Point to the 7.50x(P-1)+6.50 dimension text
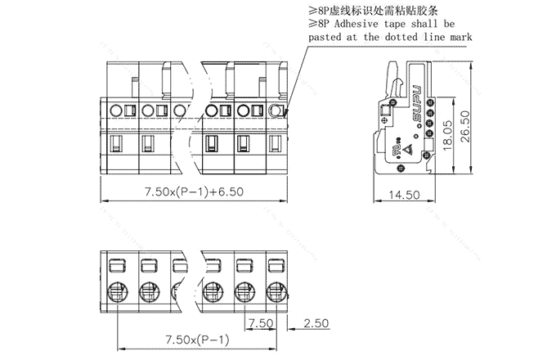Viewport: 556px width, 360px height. point(194,191)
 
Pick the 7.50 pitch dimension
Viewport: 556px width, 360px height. point(261,322)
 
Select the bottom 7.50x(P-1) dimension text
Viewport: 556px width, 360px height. point(196,340)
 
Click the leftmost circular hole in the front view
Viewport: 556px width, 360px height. point(116,110)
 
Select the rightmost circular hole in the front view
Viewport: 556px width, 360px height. point(276,110)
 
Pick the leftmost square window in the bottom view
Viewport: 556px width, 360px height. point(116,265)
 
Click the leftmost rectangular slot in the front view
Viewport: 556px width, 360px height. point(116,145)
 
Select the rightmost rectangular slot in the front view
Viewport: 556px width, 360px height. point(276,145)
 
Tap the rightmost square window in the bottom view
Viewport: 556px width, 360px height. point(276,265)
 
